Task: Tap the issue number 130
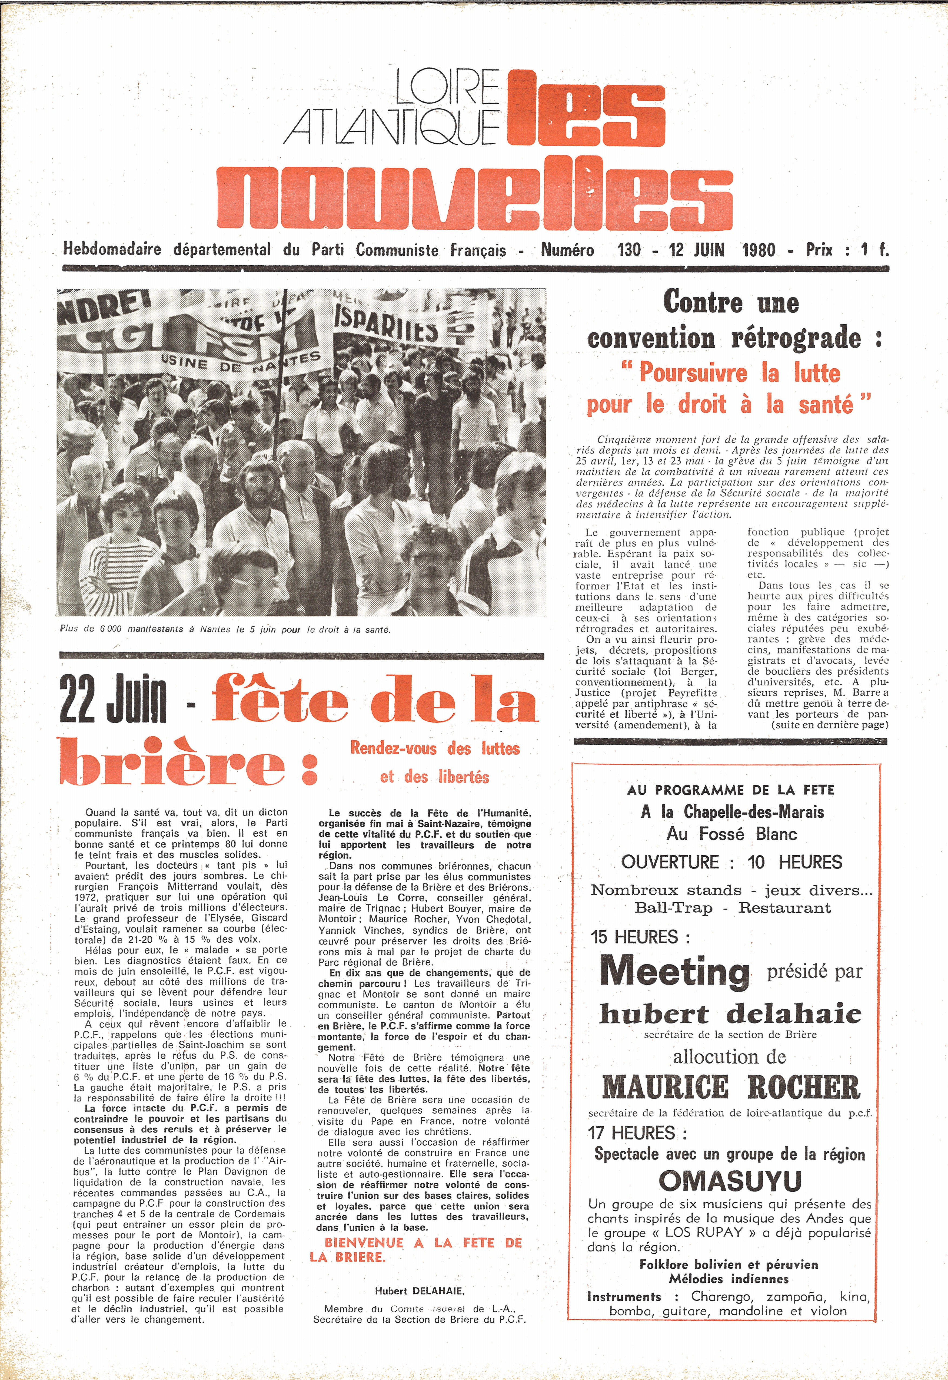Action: pyautogui.click(x=629, y=250)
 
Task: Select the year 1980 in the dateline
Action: pyautogui.click(x=759, y=250)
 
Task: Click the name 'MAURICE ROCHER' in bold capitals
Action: pyautogui.click(x=731, y=1088)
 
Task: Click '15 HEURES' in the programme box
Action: pyautogui.click(x=640, y=937)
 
